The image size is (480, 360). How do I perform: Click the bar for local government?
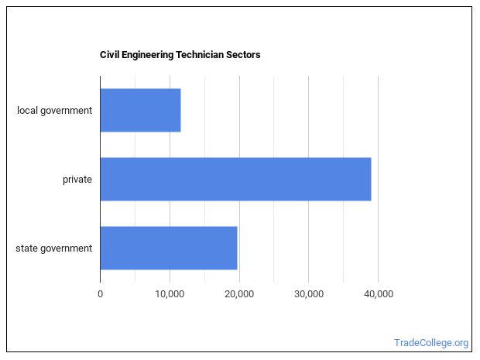point(140,110)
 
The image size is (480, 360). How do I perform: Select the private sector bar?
point(235,179)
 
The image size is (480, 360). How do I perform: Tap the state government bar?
point(168,248)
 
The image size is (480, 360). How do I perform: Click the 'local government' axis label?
point(55,110)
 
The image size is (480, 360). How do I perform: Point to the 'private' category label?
point(77,180)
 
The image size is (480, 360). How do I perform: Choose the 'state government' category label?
point(53,248)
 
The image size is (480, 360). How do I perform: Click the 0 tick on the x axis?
point(100,293)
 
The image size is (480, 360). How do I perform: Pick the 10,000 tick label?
point(170,293)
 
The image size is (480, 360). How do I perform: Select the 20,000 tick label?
point(239,293)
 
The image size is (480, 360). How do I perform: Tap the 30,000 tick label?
point(308,293)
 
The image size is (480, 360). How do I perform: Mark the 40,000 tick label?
point(378,293)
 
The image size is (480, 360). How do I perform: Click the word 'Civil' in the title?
point(109,55)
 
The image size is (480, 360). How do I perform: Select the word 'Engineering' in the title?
point(147,55)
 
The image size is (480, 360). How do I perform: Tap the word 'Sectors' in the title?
point(245,55)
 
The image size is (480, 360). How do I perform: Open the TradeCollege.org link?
point(431,342)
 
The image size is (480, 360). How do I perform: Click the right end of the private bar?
point(370,179)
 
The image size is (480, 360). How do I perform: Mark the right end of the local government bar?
point(180,110)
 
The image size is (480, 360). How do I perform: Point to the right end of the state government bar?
point(236,248)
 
